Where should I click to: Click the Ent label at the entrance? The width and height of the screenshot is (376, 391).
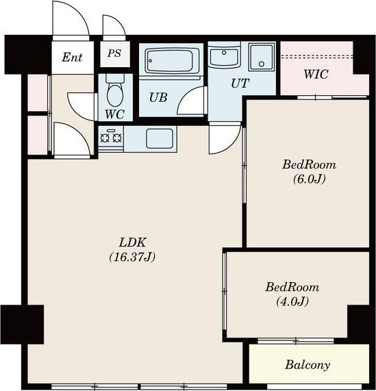pos(72,57)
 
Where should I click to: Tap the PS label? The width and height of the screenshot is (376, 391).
pos(114,53)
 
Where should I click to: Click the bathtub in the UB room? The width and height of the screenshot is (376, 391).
pos(171,61)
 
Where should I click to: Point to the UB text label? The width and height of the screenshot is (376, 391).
pos(158,97)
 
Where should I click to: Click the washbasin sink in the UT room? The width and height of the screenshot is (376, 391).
pos(224,57)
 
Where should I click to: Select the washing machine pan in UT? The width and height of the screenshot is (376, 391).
pos(262,57)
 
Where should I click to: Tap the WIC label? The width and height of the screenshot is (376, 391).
pos(316,75)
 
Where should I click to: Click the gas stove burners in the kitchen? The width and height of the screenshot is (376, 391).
pos(111,138)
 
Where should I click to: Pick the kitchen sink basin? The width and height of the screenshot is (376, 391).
pos(160,138)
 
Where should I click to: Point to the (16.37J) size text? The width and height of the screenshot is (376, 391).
pos(132,257)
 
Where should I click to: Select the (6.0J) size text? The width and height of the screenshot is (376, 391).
pos(309,179)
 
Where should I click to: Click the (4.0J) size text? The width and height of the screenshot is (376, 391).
pos(292,301)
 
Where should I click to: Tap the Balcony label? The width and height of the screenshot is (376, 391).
pos(308,365)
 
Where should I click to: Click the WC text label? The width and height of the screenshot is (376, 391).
pos(114,114)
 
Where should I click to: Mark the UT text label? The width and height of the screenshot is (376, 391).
pos(240,84)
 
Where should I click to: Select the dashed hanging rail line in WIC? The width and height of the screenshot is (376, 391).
pos(316,57)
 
